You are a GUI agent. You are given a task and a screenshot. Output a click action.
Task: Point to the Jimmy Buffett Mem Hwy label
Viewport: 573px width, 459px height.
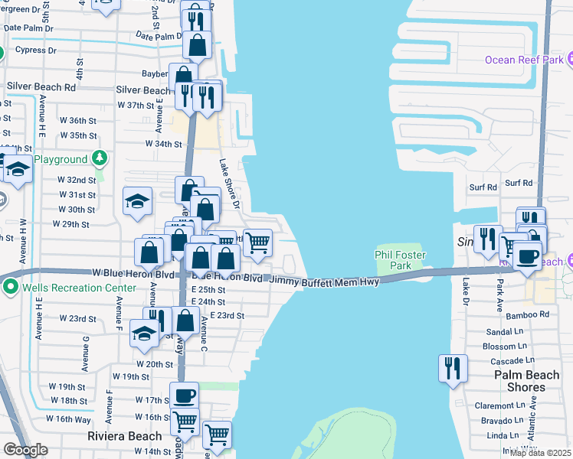(326, 282)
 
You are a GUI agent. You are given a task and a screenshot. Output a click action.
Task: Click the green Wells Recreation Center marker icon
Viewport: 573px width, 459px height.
(10, 288)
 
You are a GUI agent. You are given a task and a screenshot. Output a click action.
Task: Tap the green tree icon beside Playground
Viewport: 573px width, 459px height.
(99, 158)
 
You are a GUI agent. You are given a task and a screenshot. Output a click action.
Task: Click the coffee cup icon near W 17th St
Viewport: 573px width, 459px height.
(184, 396)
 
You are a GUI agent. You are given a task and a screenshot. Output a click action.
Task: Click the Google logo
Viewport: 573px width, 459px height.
(25, 450)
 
